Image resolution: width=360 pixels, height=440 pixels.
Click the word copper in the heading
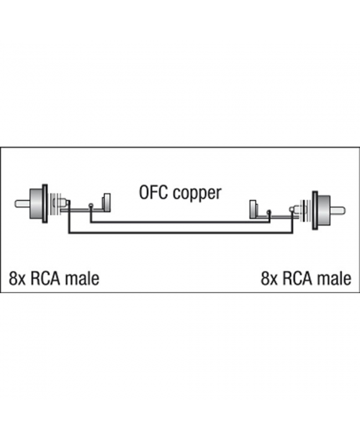(197, 194)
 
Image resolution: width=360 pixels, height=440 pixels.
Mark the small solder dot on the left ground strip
(91, 207)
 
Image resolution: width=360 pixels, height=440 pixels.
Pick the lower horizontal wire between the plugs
(180, 233)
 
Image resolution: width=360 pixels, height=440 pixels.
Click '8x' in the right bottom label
(269, 278)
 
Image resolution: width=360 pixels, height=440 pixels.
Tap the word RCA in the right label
(297, 278)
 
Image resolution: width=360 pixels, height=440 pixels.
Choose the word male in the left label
(82, 278)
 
